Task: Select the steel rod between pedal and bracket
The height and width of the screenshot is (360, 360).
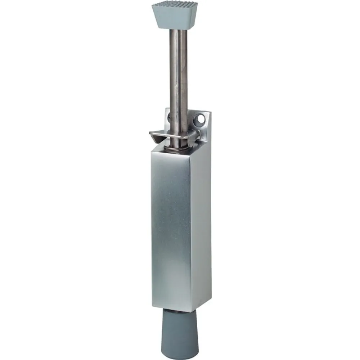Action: (x=179, y=72)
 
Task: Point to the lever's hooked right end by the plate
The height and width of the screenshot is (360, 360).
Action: (x=196, y=135)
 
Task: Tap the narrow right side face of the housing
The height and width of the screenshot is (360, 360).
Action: (x=202, y=223)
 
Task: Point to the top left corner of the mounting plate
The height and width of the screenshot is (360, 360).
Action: (x=166, y=109)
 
